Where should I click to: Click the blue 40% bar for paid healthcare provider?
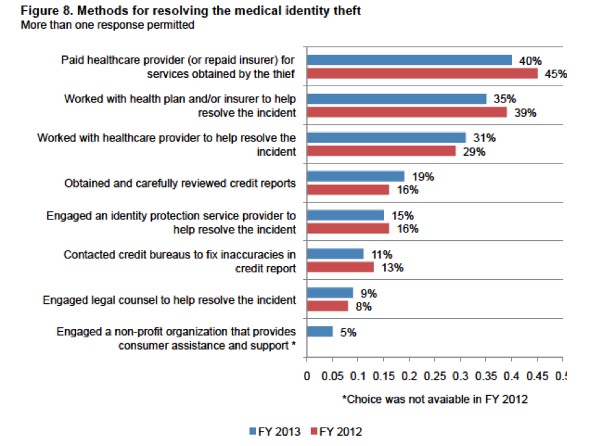coord(409,60)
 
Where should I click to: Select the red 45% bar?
coord(422,73)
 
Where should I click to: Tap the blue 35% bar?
coord(396,99)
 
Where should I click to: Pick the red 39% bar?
coord(407,112)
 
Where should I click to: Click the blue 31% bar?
coord(386,137)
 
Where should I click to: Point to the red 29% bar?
coord(381,150)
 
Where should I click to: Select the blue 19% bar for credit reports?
coord(355,176)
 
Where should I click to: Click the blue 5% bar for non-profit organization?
coord(320,332)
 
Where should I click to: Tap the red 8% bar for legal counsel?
coord(328,306)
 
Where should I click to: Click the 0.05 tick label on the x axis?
coord(333,376)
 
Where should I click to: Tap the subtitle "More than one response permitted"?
coord(107,25)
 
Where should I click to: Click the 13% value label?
coord(392,267)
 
